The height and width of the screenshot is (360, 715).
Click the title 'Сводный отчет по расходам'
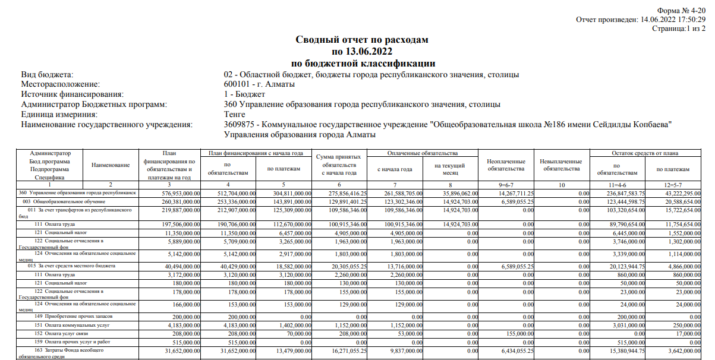tap(362, 40)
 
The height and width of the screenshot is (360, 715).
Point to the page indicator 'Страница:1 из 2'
tap(679, 29)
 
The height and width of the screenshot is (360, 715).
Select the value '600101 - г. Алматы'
tap(259, 84)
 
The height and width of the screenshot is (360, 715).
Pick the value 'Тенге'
tap(235, 114)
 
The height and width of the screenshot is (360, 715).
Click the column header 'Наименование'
tap(111, 165)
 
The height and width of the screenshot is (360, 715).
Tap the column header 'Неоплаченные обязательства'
tap(505, 165)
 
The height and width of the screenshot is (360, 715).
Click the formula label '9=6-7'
tap(505, 185)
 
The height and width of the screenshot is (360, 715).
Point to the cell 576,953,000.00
tap(179, 193)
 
